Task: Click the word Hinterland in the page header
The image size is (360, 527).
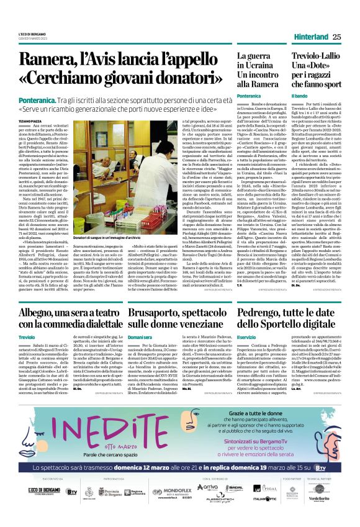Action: click(x=310, y=37)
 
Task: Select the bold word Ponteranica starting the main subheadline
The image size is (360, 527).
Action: click(x=37, y=100)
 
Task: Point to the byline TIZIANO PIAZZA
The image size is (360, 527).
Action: click(x=29, y=114)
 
